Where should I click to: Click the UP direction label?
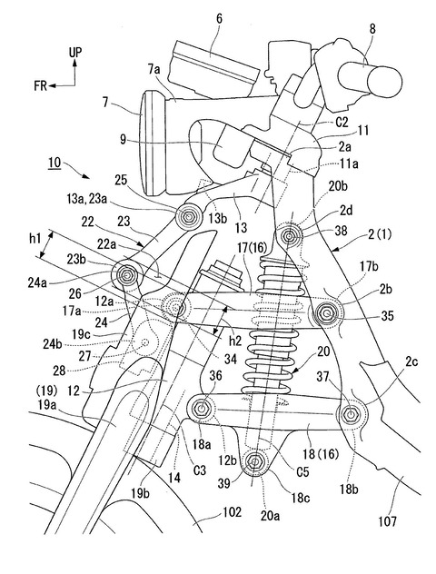coord(75,53)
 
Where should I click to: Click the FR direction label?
coord(41,86)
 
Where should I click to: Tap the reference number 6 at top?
coord(219,19)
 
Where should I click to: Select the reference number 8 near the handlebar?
coord(372,29)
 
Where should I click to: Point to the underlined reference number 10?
coord(54,163)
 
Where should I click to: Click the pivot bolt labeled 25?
coord(189,217)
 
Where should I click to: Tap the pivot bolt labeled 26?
coord(127,274)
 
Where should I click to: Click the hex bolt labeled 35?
coord(325,313)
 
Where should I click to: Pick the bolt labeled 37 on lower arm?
coord(351,414)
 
